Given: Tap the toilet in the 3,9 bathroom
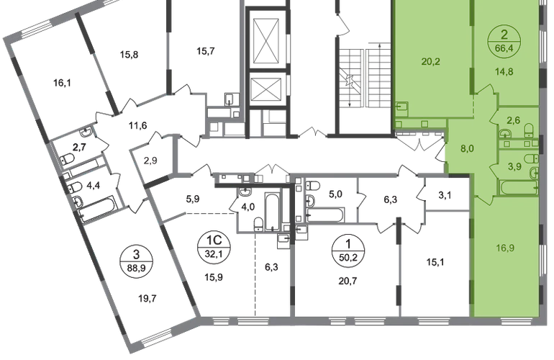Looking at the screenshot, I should (531, 159).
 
